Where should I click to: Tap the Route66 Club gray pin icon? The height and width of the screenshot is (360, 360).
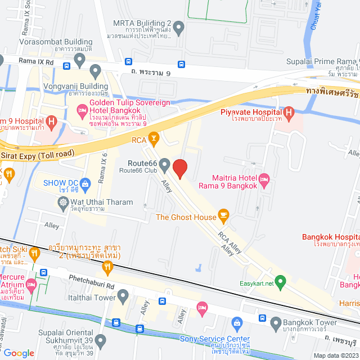tap(164, 165)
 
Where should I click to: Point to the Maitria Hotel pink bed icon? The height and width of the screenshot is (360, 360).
tap(265, 180)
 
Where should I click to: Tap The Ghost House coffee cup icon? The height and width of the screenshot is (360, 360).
tap(224, 214)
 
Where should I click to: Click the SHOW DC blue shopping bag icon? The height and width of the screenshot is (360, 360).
tap(85, 183)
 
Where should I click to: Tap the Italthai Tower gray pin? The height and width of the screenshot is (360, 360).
tap(123, 295)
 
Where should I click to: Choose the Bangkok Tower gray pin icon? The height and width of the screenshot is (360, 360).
tap(276, 323)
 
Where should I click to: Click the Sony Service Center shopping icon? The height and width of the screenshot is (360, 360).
tap(237, 323)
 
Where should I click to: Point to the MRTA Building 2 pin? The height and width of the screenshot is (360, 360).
tap(178, 26)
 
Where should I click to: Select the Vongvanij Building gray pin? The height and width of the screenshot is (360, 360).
tap(95, 71)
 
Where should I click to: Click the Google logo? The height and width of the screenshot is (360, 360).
tap(19, 353)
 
